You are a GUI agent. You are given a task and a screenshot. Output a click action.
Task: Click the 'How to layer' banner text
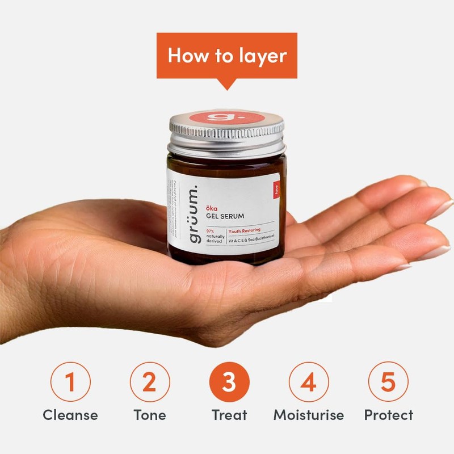[227, 56]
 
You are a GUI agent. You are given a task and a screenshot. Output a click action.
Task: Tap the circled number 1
[70, 382]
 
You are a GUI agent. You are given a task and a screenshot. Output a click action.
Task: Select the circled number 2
[150, 382]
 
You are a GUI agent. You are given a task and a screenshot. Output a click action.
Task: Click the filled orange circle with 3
[229, 382]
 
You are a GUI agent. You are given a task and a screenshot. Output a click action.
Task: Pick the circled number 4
[309, 382]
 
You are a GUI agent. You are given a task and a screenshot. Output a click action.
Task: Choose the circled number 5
[388, 382]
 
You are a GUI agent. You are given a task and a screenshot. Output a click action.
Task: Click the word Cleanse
[70, 415]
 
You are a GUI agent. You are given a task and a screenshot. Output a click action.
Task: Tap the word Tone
[150, 415]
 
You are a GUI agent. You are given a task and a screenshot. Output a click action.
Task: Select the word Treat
[229, 415]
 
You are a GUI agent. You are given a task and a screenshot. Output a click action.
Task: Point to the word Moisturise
[309, 415]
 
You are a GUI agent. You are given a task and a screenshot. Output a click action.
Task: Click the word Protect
[389, 415]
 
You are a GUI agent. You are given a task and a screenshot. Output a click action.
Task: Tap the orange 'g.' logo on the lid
[227, 117]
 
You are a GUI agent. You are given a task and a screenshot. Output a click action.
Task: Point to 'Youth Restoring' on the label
[244, 231]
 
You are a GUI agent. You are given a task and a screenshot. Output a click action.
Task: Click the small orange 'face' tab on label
[276, 190]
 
